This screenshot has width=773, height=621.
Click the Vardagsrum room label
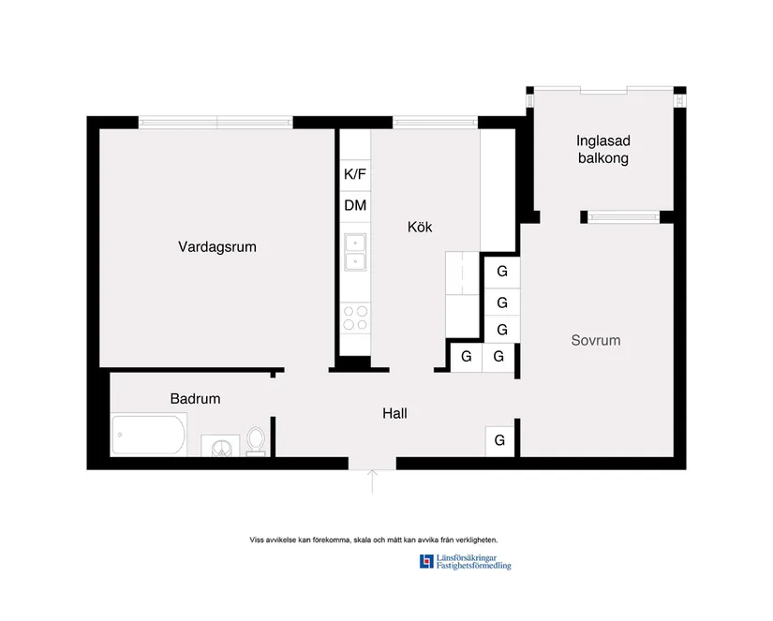217,247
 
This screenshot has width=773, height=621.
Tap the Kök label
420,227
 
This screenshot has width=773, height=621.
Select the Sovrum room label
596,340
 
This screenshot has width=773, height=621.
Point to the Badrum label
195,398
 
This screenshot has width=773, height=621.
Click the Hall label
394,412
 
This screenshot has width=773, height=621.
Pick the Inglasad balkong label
602,150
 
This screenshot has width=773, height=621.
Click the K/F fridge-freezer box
355,174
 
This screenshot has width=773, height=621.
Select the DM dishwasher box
355,205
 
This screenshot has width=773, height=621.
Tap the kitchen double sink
355,251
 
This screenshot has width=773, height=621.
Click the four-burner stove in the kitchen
355,318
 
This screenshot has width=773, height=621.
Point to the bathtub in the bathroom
149,435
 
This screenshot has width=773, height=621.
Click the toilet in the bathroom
256,441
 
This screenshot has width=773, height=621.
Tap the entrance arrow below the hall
373,481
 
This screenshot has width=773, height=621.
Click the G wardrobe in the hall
500,439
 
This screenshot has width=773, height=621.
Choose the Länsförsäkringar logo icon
427,562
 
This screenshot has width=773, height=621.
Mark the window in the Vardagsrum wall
216,122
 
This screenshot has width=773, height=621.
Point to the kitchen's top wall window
435,122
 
